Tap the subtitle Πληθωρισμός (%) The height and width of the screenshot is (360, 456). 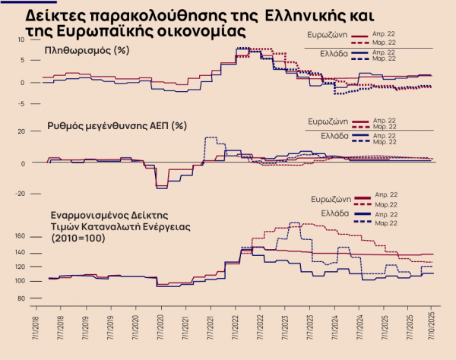84,52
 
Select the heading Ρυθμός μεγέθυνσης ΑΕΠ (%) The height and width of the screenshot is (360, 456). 116,125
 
